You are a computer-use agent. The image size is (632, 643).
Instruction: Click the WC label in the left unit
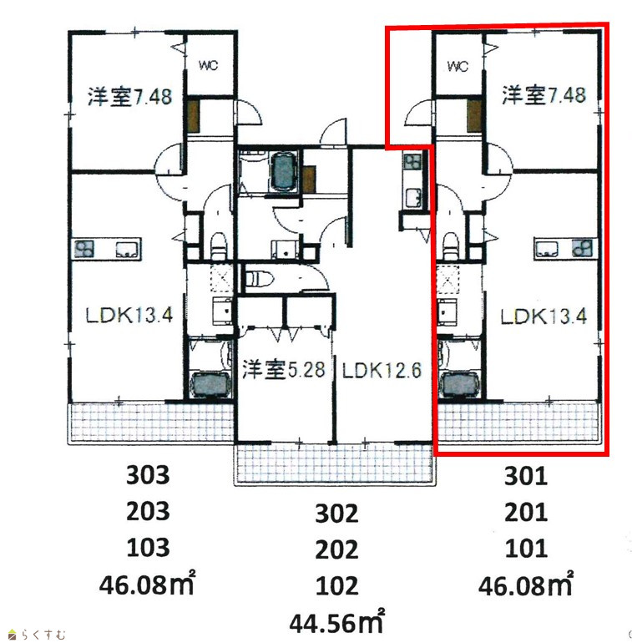(x=208, y=65)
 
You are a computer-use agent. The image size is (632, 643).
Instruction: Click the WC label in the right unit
(x=458, y=66)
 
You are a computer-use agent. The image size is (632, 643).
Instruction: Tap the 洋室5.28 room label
(x=284, y=369)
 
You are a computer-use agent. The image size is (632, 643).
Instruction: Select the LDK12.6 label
(x=382, y=371)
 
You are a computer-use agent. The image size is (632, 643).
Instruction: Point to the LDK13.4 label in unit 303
(x=129, y=315)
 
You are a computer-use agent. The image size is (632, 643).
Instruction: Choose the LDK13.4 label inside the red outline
(x=544, y=316)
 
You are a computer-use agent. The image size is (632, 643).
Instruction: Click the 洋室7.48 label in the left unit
(x=130, y=97)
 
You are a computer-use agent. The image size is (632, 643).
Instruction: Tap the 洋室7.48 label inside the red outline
(x=544, y=95)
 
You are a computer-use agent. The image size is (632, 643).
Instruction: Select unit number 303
(x=148, y=475)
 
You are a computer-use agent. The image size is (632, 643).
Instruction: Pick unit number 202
(x=336, y=549)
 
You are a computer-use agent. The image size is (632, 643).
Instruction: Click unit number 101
(x=526, y=549)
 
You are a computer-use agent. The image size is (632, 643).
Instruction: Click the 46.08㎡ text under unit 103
(x=147, y=583)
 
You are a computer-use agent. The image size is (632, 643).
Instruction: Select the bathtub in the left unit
(x=209, y=385)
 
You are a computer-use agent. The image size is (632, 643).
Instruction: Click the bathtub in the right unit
(x=458, y=385)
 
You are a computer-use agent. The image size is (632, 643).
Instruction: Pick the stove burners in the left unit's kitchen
(x=84, y=249)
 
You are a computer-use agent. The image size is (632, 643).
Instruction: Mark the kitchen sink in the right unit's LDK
(x=547, y=249)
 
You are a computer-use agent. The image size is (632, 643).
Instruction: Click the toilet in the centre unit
(x=260, y=279)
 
